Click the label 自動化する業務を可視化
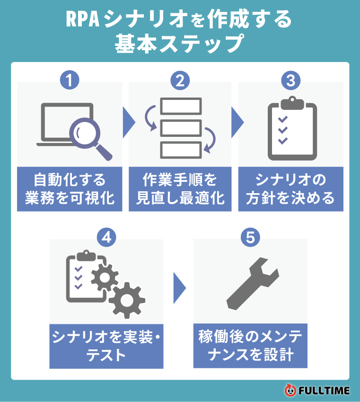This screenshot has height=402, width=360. (70, 188)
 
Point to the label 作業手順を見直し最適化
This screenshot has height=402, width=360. (180, 188)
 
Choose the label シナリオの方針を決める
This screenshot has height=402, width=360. (290, 188)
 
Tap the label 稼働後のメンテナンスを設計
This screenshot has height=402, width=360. (250, 346)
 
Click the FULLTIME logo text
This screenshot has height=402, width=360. (324, 391)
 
